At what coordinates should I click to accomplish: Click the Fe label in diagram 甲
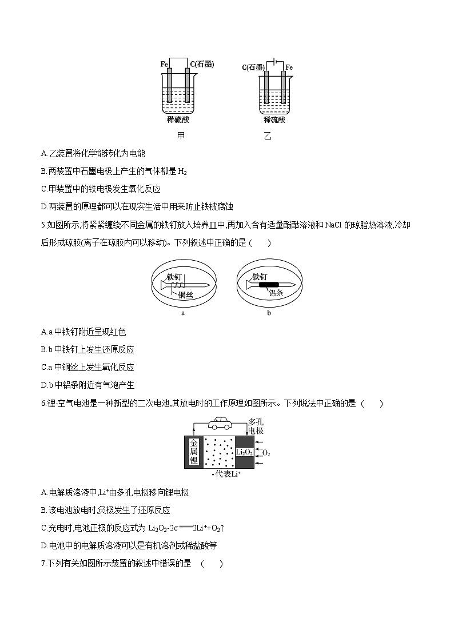[x=164, y=65]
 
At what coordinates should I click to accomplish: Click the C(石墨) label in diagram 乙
[x=252, y=67]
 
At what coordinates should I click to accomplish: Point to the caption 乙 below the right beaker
[x=268, y=137]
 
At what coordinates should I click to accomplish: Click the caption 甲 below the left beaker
[x=181, y=136]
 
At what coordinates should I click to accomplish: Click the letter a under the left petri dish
[x=182, y=313]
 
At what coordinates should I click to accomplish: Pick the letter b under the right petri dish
[x=269, y=313]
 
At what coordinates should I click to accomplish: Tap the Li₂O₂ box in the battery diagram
[x=244, y=452]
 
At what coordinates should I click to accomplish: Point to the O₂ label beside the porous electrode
[x=266, y=453]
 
